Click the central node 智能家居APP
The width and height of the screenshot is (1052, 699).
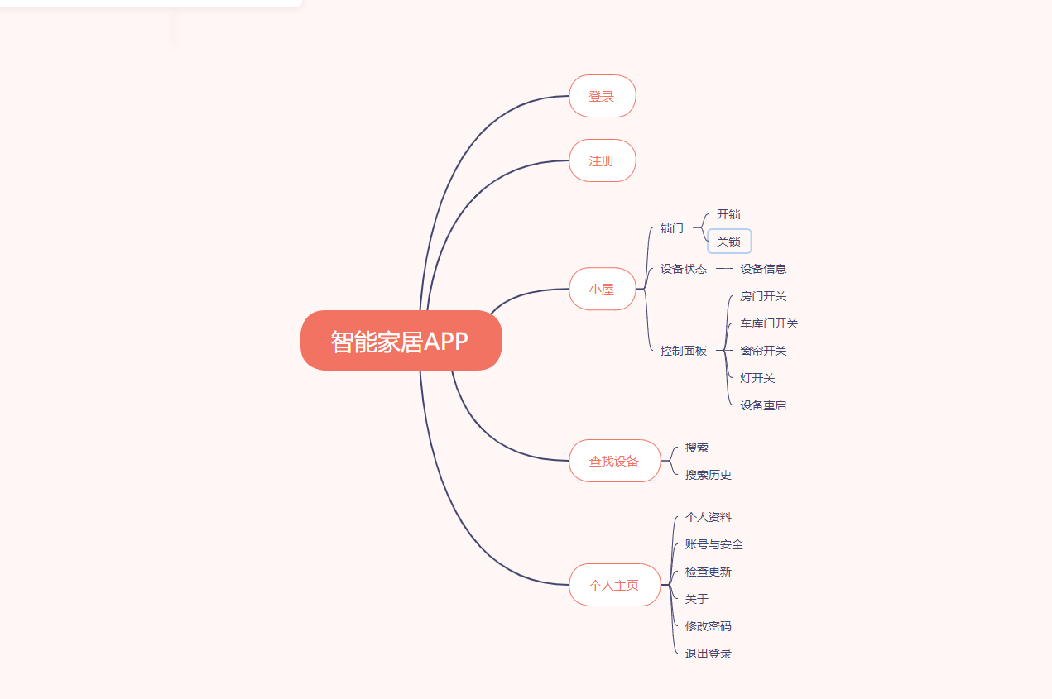tap(401, 340)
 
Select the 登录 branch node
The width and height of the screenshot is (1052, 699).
tap(602, 96)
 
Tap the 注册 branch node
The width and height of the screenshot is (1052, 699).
tap(602, 160)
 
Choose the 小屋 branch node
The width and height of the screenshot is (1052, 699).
tap(602, 289)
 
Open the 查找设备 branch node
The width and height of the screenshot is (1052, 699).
tap(614, 461)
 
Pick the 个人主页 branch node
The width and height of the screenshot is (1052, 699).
tap(614, 585)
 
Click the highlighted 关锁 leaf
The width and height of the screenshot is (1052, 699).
tap(728, 242)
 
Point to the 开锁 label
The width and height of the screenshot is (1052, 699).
tap(728, 214)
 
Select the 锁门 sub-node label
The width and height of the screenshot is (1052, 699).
tap(672, 227)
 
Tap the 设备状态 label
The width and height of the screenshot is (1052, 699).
tap(684, 269)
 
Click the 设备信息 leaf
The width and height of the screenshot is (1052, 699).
tap(763, 269)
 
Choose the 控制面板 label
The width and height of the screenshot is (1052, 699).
tap(684, 351)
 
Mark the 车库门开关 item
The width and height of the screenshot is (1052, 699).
tap(769, 323)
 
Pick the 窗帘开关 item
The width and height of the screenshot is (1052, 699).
tap(763, 351)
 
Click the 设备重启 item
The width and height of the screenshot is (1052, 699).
tap(763, 405)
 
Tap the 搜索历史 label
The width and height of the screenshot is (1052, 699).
tap(709, 475)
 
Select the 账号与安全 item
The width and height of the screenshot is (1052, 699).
tap(714, 544)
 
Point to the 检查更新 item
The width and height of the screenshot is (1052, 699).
tap(709, 572)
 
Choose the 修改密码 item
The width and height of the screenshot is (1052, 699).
tap(709, 626)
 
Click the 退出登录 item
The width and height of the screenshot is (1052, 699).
tap(709, 654)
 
